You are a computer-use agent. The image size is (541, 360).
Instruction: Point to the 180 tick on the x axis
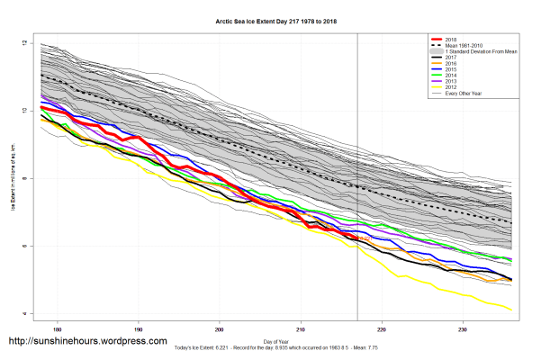pyautogui.click(x=58, y=328)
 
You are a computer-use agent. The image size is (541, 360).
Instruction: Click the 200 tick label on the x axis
pyautogui.click(x=220, y=328)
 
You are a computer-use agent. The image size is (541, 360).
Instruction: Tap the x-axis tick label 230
pyautogui.click(x=463, y=328)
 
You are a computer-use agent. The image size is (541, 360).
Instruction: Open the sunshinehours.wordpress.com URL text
pyautogui.click(x=87, y=342)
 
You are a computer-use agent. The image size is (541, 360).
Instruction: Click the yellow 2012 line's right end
pyautogui.click(x=512, y=310)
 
